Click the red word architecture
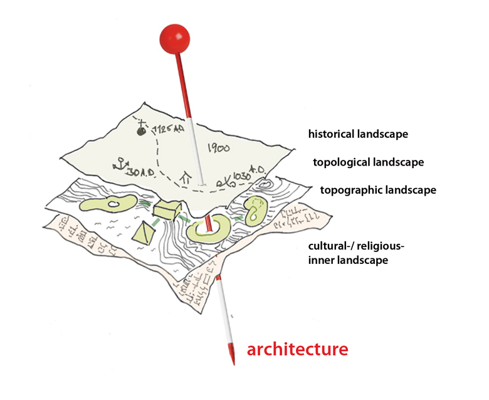297,349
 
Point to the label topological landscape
368,162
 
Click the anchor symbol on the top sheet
118,166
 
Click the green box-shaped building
168,209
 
